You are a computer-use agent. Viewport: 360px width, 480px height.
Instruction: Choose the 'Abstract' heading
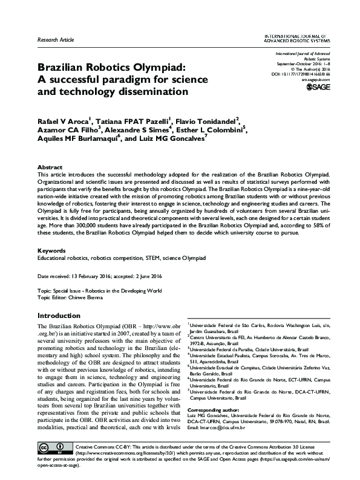tap(50, 166)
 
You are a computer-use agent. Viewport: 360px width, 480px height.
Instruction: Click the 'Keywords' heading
tap(51, 250)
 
